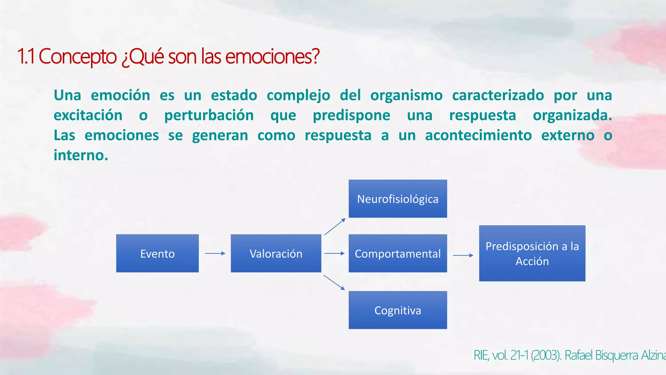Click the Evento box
pyautogui.click(x=157, y=253)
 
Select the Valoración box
pyautogui.click(x=276, y=253)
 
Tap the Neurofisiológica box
pyautogui.click(x=398, y=199)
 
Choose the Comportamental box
pyautogui.click(x=398, y=253)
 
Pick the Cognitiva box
pyautogui.click(x=398, y=310)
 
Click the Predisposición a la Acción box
pyautogui.click(x=532, y=253)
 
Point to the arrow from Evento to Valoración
pyautogui.click(x=215, y=253)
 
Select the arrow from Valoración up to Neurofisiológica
pyautogui.click(x=335, y=227)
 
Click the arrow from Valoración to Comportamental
pyautogui.click(x=334, y=253)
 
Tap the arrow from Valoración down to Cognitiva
pyautogui.click(x=334, y=282)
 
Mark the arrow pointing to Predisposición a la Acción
pyautogui.click(x=463, y=256)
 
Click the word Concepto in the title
pyautogui.click(x=77, y=56)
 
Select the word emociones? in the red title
pyautogui.click(x=273, y=56)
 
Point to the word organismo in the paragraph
pyautogui.click(x=406, y=95)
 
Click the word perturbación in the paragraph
pyautogui.click(x=209, y=115)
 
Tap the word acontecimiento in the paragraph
pyautogui.click(x=478, y=135)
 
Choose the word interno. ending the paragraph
pyautogui.click(x=81, y=155)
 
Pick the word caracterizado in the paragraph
pyautogui.click(x=498, y=95)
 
